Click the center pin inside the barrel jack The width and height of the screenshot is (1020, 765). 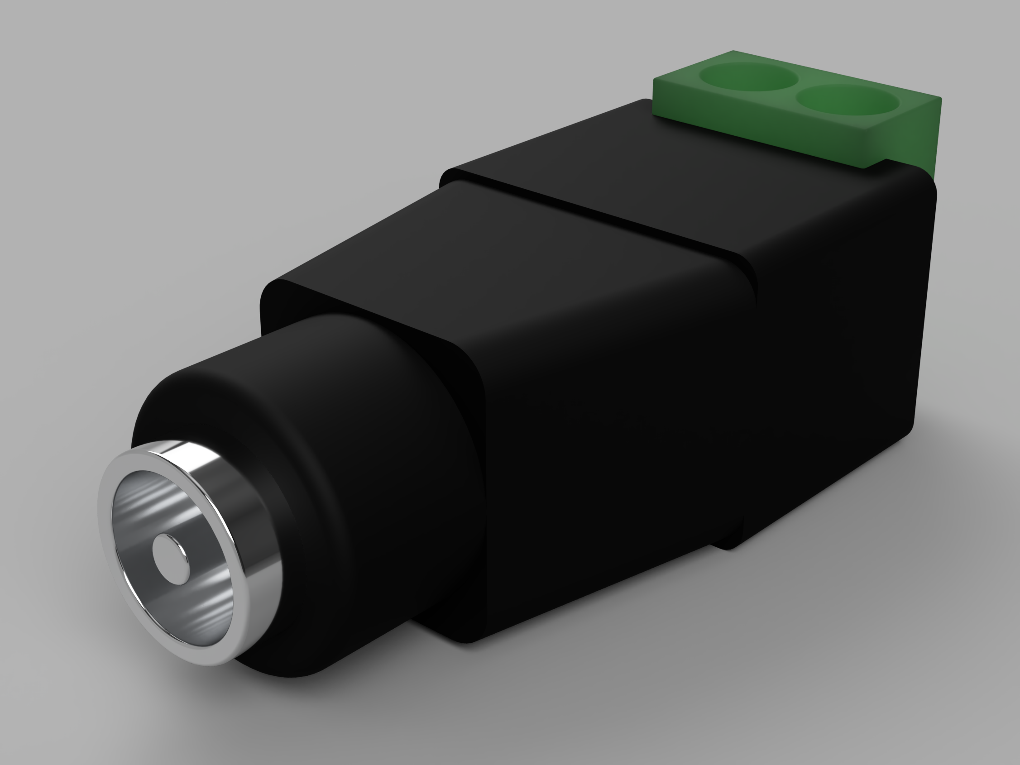(170, 552)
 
